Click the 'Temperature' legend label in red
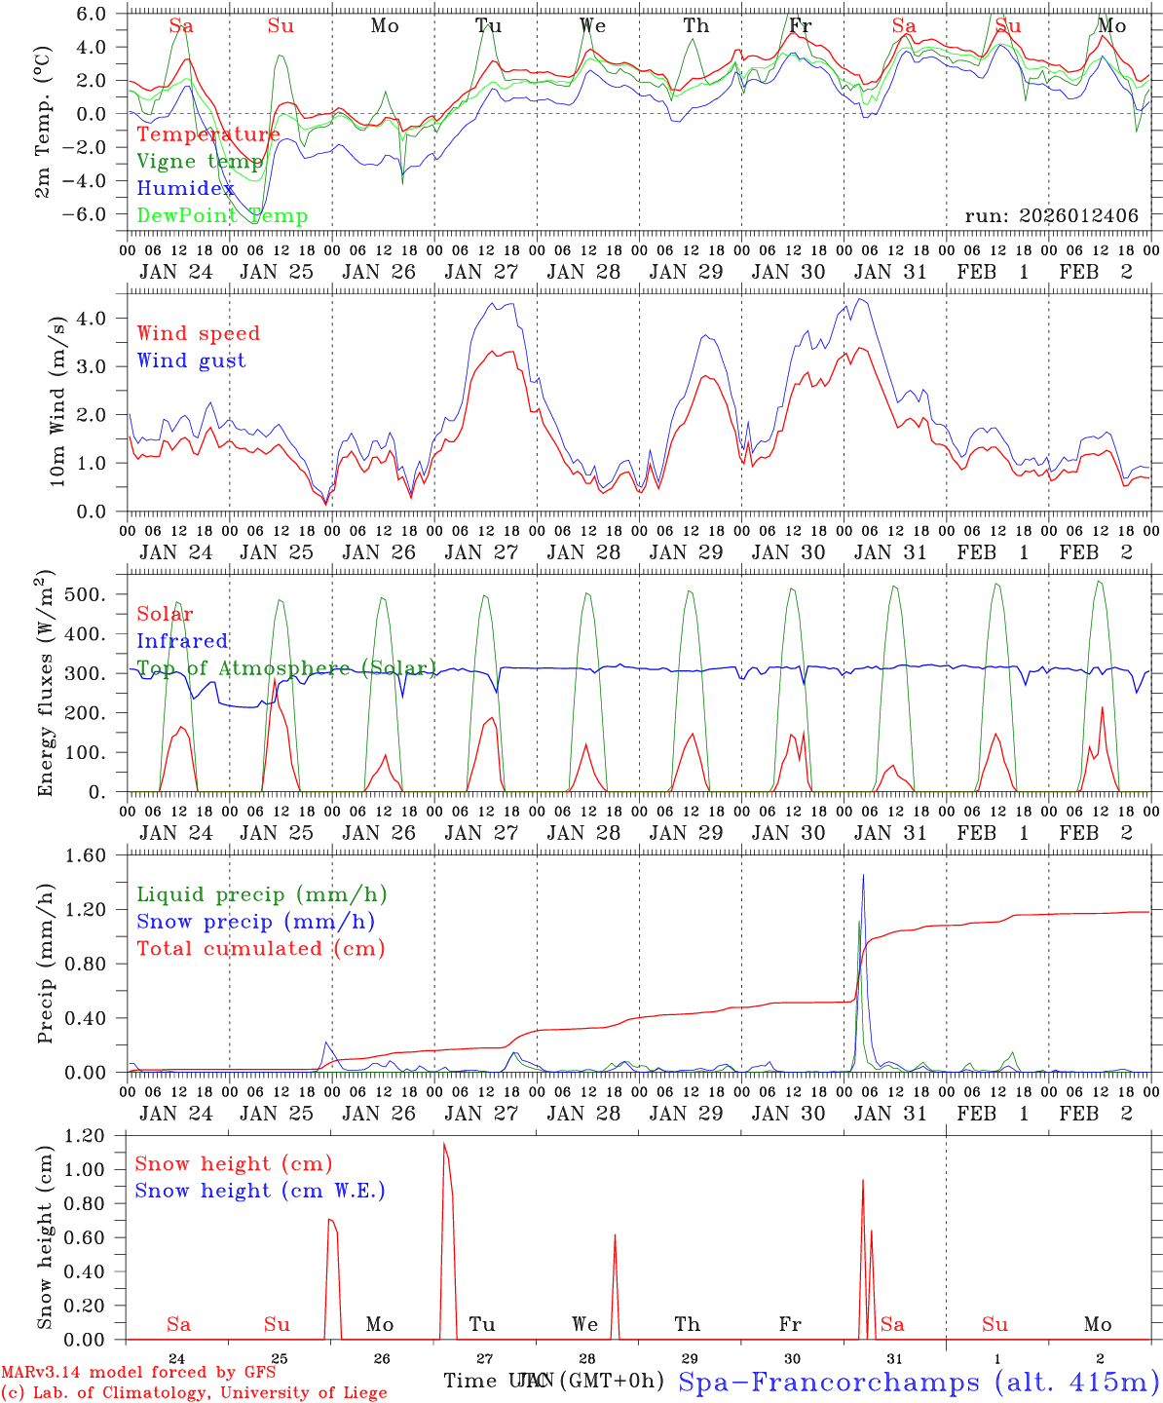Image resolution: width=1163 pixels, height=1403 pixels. (208, 134)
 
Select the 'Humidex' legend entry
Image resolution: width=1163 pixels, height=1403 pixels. (186, 189)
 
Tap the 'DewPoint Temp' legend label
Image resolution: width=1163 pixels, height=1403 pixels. (222, 216)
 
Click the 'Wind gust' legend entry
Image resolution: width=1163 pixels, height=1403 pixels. (191, 360)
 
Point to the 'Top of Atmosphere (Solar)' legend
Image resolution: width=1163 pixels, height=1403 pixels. (286, 668)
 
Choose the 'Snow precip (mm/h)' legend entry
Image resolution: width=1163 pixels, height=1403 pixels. (255, 922)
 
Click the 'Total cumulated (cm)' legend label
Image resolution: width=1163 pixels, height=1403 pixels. (261, 949)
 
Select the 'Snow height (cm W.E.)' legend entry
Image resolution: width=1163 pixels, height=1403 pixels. (260, 1191)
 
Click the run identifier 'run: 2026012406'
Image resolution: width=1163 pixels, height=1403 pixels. (1052, 216)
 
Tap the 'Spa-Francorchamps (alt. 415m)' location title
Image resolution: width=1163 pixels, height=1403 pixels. (918, 1382)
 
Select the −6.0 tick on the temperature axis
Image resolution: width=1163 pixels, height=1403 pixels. (97, 214)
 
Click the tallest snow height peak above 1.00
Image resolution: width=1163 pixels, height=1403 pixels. (444, 1145)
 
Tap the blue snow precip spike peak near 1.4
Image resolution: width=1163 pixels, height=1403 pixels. (863, 875)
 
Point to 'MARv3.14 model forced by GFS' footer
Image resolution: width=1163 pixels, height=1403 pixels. (138, 1372)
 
